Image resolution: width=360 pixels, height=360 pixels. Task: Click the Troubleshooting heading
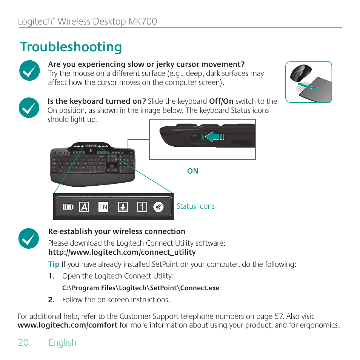click(71, 47)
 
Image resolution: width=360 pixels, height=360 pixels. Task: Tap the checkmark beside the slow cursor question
click(29, 71)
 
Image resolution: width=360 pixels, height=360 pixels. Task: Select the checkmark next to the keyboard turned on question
click(29, 108)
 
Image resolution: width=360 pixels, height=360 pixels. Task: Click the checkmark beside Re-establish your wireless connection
click(29, 238)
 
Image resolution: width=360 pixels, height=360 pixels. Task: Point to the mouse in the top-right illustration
click(301, 72)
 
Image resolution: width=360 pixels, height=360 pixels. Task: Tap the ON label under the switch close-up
click(193, 171)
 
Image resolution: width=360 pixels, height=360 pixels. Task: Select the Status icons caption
click(195, 206)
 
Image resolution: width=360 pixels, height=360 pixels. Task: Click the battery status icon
click(68, 207)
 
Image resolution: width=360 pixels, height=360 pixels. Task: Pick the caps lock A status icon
click(84, 207)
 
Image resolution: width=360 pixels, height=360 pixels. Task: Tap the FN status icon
click(103, 207)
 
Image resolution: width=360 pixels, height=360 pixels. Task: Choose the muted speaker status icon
click(158, 207)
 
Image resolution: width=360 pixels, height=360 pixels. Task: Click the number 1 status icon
click(142, 207)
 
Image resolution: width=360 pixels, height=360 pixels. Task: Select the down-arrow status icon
click(123, 207)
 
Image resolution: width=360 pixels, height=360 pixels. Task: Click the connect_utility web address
click(122, 252)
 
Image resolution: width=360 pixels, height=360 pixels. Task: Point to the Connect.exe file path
click(140, 288)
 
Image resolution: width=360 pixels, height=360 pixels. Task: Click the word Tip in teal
click(54, 264)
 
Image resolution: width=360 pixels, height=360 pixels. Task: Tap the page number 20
click(23, 342)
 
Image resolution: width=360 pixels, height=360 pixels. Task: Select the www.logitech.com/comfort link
click(68, 325)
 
